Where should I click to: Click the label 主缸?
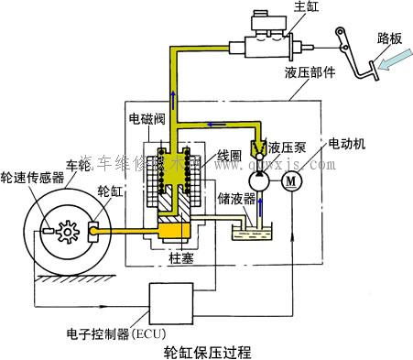tap(303, 8)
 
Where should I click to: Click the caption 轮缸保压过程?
tap(206, 350)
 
